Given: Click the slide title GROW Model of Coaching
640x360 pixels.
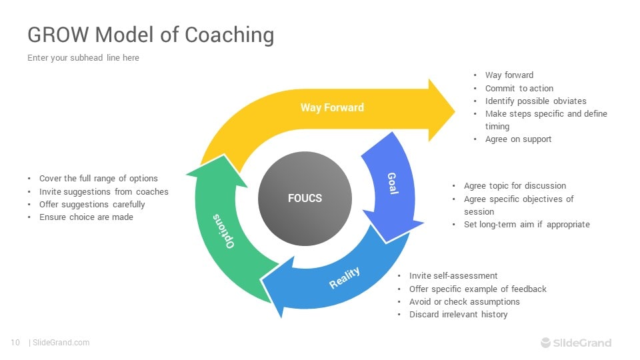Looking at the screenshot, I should click(150, 35).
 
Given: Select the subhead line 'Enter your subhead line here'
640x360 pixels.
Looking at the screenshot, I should click(83, 58).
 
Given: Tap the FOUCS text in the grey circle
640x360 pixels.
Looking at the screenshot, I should click(305, 198).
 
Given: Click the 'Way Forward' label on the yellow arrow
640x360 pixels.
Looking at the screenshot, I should click(332, 107).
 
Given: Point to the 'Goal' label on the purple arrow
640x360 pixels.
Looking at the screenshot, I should click(393, 183).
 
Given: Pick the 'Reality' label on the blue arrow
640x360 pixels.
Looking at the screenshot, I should click(345, 277).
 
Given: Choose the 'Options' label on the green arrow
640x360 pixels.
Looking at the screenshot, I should click(223, 231).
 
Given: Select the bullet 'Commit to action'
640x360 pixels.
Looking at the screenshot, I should click(519, 89).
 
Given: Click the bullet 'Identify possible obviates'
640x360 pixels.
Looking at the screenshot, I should click(535, 101).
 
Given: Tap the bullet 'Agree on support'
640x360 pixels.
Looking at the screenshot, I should click(518, 139).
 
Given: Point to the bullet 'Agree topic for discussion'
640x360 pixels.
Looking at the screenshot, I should click(515, 186).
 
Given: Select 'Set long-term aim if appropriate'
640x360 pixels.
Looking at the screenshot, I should click(527, 225).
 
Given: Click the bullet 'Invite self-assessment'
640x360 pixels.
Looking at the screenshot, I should click(453, 276).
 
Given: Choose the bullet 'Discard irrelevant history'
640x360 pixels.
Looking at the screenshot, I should click(458, 315).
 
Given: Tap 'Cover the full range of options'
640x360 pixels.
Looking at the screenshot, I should click(98, 179).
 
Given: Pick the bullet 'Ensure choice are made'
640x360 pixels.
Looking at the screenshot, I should click(86, 217).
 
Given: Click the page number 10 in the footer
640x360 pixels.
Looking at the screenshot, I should click(15, 343).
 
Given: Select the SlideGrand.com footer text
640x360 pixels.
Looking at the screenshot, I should click(61, 343).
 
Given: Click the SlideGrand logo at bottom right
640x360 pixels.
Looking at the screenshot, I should click(575, 343).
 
